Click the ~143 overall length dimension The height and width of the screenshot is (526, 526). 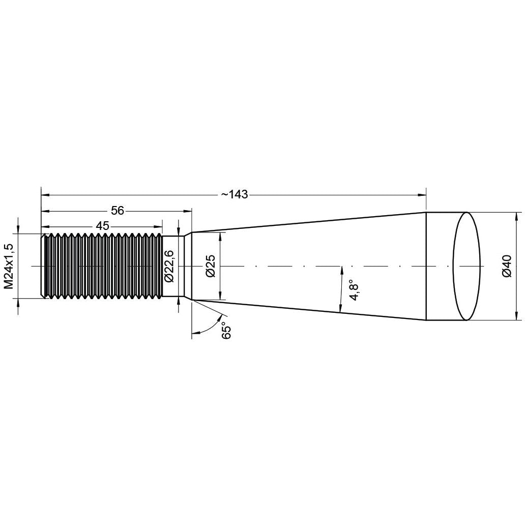235,194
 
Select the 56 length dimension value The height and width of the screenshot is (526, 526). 118,211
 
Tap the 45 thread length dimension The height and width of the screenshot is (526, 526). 102,226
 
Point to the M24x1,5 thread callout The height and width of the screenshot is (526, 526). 9,266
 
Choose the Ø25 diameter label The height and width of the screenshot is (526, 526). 211,266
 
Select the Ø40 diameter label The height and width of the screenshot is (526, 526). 507,266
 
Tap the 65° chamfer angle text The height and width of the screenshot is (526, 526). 226,330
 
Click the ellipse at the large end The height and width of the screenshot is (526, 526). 466,266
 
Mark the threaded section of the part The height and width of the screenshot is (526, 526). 102,266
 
